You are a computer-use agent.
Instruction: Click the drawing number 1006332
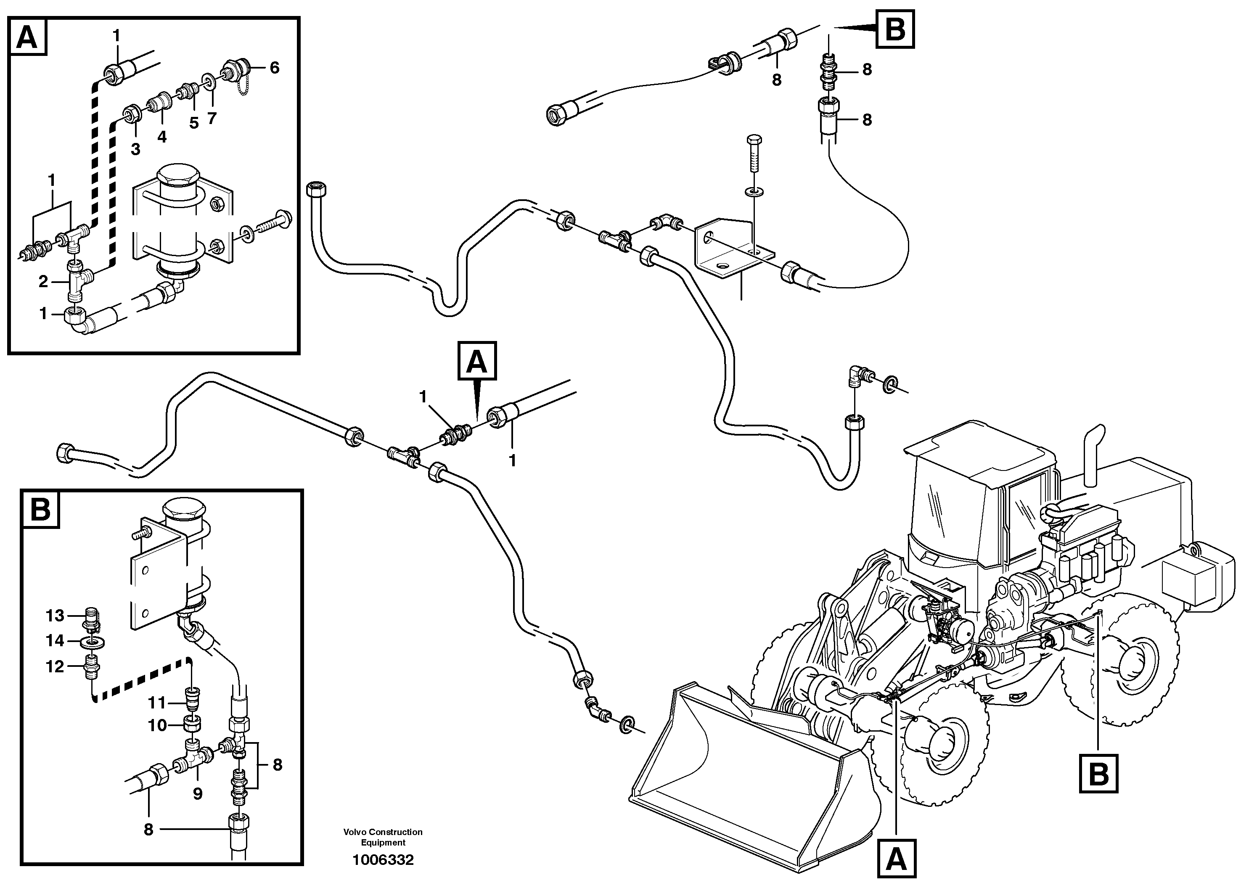coord(383,860)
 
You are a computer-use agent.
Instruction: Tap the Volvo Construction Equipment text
coord(383,837)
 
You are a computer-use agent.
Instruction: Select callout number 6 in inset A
coord(275,67)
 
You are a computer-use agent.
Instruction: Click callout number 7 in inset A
coord(212,118)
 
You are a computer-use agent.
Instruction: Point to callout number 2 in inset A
coord(43,282)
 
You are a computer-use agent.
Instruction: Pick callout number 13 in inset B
coord(55,616)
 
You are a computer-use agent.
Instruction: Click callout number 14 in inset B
coord(55,640)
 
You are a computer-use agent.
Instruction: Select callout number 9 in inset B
coord(198,793)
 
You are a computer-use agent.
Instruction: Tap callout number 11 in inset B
coord(158,702)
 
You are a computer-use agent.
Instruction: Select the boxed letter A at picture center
coord(477,361)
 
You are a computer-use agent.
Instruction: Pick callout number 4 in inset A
coord(162,137)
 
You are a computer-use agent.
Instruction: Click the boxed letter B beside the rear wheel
coord(1099,774)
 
